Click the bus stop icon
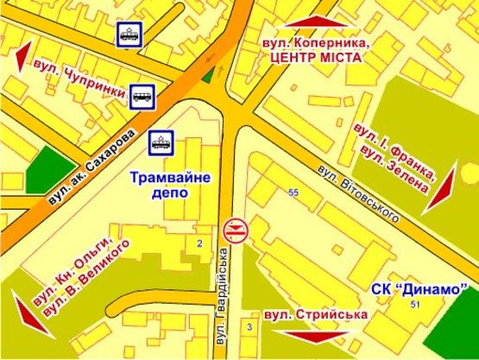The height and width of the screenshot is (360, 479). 142,97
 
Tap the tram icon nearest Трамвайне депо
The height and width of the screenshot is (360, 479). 161,141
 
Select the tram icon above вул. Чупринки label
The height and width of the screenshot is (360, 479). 129,35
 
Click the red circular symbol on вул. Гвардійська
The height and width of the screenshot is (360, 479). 236,230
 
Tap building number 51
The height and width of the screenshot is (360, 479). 416,305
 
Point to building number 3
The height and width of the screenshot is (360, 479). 249,326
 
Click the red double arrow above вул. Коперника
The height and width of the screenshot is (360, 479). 314,22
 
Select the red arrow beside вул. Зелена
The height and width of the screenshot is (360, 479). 440,187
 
